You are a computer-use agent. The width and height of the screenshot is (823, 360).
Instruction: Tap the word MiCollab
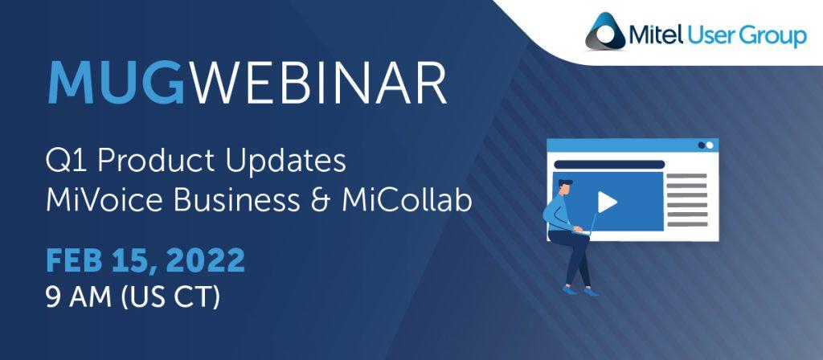[x=407, y=200]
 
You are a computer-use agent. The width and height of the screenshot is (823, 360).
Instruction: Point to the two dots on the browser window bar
[x=706, y=145]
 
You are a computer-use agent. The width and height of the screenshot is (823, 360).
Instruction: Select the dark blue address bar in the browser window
[x=609, y=165]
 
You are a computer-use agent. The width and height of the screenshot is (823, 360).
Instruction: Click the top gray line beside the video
[x=687, y=176]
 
